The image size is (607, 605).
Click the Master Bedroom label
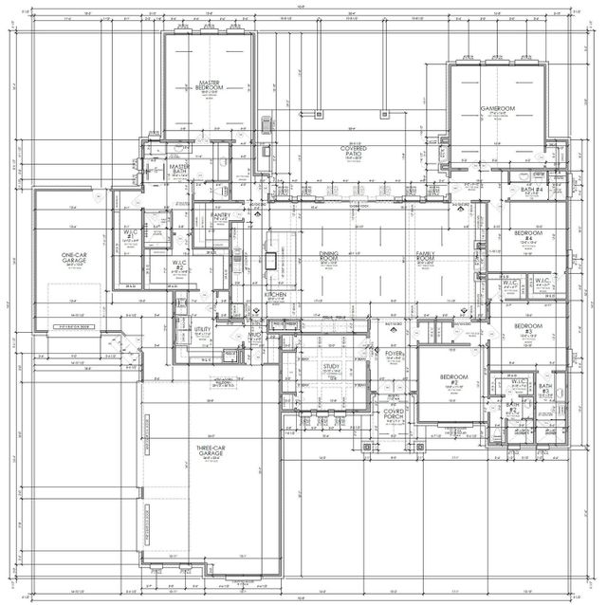(x=210, y=86)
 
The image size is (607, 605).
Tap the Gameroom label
(x=496, y=109)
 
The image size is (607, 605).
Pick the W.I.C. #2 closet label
(x=178, y=266)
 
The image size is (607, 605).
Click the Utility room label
(x=202, y=330)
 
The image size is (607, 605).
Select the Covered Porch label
(x=394, y=414)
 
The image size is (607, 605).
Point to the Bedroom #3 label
(x=527, y=329)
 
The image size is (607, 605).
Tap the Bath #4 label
(x=531, y=190)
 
